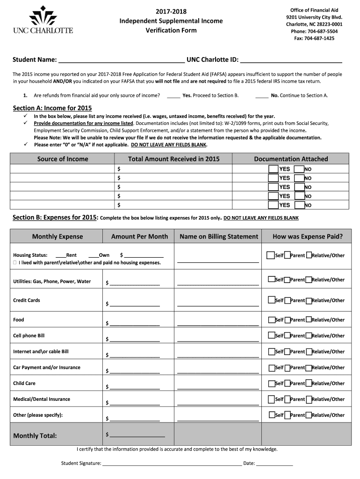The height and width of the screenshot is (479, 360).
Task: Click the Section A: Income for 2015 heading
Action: (x=52, y=108)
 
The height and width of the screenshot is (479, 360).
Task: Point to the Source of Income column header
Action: (x=63, y=159)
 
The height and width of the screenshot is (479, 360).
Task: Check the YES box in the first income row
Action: (x=273, y=169)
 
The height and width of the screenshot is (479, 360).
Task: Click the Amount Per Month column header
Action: (x=139, y=236)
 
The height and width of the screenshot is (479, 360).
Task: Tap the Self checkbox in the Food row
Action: (x=271, y=320)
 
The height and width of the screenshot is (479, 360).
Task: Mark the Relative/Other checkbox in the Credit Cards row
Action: (x=309, y=300)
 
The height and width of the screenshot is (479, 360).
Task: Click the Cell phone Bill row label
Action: (x=29, y=336)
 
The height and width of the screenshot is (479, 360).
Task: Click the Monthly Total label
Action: (x=35, y=436)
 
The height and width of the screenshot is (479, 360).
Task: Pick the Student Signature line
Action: (x=172, y=464)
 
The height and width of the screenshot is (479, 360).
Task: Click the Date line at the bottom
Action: (x=274, y=464)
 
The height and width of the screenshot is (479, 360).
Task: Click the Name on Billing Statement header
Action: (x=219, y=236)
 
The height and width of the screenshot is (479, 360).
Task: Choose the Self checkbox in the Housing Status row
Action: (x=271, y=255)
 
